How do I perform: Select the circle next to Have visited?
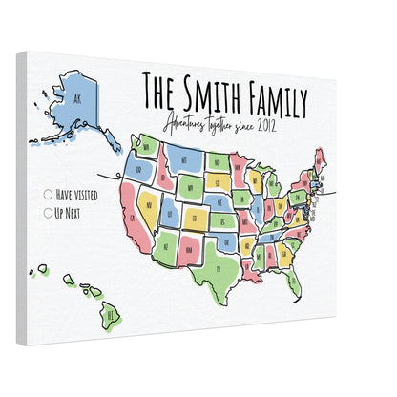[48, 194]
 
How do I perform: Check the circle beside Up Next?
[48, 212]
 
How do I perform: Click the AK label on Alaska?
[68, 97]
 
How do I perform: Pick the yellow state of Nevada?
[148, 201]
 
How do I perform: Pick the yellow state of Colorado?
[195, 219]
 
